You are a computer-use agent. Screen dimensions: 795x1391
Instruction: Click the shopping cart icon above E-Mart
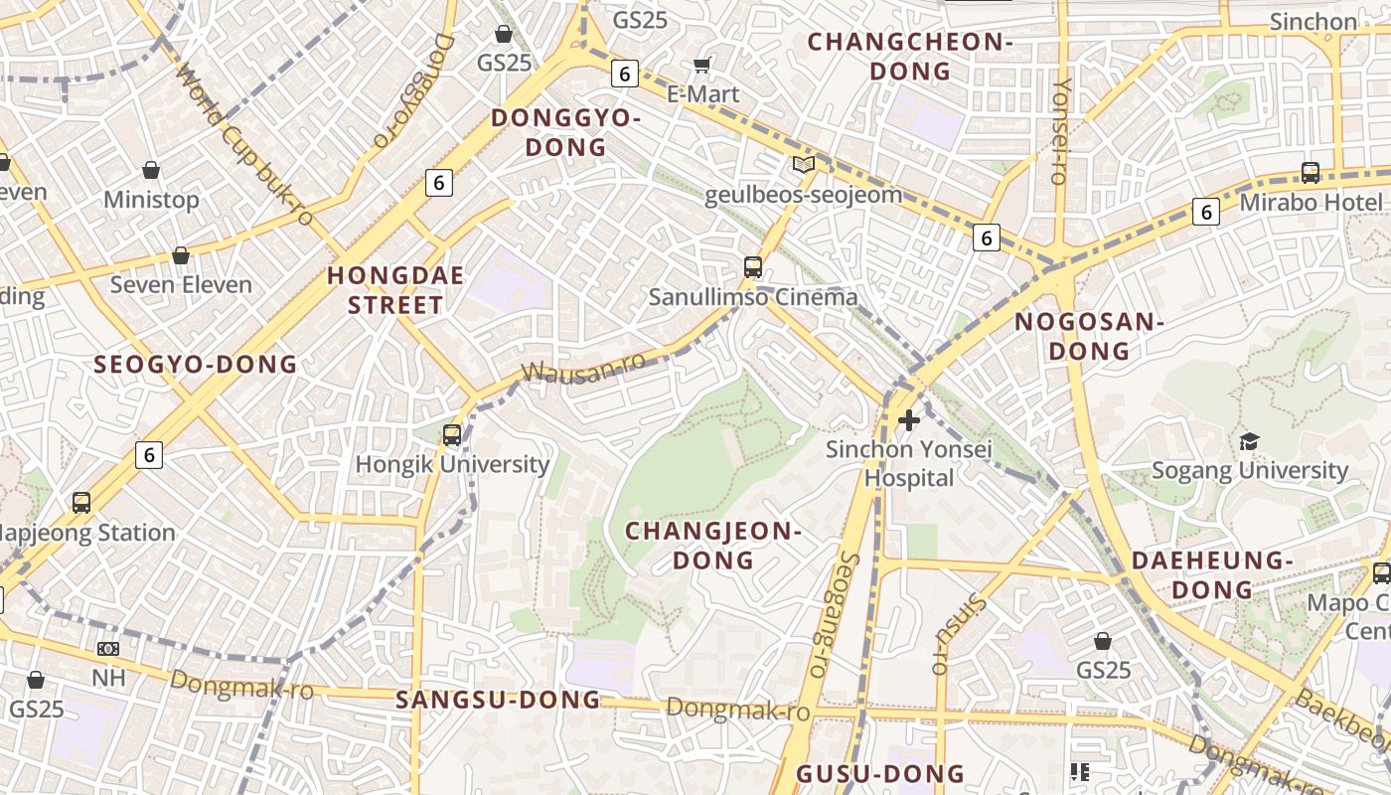tap(702, 66)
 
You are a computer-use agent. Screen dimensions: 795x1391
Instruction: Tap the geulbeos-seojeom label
tap(803, 194)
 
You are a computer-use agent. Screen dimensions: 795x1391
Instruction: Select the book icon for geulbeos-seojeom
tap(803, 164)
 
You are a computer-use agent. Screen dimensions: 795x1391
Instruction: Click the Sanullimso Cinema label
tap(752, 297)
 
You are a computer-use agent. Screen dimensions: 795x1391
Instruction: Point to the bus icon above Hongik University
tap(452, 434)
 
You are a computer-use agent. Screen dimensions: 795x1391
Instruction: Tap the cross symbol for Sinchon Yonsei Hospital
tap(908, 420)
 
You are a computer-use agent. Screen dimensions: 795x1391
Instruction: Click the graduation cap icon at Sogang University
tap(1249, 441)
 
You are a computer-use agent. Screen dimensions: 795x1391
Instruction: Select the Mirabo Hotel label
tap(1310, 203)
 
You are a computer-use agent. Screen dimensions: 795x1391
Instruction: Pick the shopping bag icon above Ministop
tap(151, 171)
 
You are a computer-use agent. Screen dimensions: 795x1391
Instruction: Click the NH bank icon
tap(108, 649)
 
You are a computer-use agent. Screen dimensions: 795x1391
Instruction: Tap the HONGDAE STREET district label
tap(395, 290)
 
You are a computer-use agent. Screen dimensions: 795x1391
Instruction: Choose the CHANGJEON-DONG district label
tap(712, 546)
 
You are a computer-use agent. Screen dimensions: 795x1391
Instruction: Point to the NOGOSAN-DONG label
tap(1088, 336)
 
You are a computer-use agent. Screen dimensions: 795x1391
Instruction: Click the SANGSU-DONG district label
tap(498, 700)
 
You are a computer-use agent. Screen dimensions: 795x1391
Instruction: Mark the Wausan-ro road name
tap(583, 369)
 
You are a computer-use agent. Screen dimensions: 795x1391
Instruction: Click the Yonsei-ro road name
tap(1059, 130)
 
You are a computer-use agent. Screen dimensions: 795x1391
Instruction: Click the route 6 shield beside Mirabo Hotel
tap(1206, 212)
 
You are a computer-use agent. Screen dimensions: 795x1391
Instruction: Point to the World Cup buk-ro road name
tap(243, 145)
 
